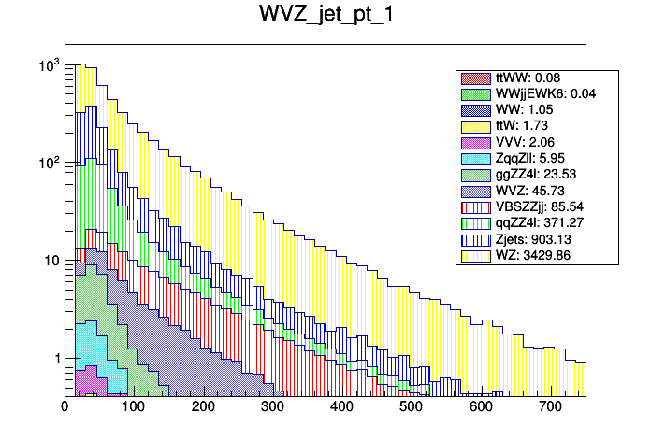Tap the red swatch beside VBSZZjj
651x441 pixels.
click(475, 206)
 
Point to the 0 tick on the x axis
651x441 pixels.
click(65, 407)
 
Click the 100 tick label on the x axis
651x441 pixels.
click(134, 407)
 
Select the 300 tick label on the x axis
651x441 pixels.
click(272, 407)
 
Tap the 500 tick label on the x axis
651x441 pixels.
click(411, 407)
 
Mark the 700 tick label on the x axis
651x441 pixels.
click(549, 407)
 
